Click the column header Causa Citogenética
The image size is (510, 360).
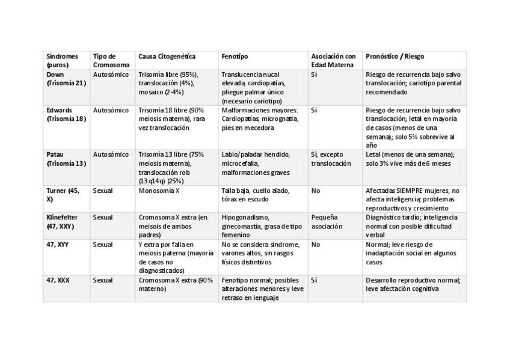[x=167, y=56]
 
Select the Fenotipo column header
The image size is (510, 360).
[x=235, y=56]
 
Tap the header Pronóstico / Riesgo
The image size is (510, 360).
[x=395, y=56]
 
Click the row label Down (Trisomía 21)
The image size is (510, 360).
[x=66, y=79]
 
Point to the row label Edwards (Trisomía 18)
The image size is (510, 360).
[x=66, y=115]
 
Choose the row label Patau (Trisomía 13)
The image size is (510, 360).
[x=66, y=159]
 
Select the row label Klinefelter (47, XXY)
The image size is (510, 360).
[x=62, y=222]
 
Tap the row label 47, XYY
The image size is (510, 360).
[x=58, y=245]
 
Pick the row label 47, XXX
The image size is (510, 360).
[x=58, y=280]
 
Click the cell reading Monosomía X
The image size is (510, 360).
[x=159, y=191]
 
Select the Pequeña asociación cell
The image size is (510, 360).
[x=327, y=222]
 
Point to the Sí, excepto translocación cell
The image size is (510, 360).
[x=331, y=159]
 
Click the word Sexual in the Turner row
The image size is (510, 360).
[x=103, y=191]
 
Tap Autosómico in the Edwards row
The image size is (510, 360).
[x=111, y=111]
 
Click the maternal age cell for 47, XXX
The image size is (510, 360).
[x=314, y=280]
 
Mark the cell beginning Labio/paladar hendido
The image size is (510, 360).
[x=256, y=163]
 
